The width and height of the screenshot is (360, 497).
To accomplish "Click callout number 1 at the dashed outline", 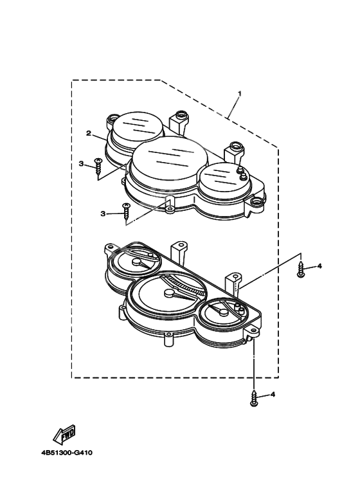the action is click(240, 94).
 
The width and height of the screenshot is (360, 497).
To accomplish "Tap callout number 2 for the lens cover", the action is click(89, 133).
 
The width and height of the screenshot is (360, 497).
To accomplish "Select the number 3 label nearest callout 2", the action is click(82, 164).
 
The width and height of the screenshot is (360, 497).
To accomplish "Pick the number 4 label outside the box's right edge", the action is click(319, 266).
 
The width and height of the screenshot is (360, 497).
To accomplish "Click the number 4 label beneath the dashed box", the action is click(273, 395).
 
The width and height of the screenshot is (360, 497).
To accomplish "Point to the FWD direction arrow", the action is click(64, 433).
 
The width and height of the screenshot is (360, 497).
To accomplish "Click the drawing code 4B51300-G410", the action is click(67, 453).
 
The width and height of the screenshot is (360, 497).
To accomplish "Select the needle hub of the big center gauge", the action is click(169, 293).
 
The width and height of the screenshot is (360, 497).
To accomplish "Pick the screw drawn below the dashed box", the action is click(253, 398).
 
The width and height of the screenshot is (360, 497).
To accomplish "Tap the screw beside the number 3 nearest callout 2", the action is click(98, 167).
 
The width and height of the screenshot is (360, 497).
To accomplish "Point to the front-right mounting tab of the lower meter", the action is click(253, 333).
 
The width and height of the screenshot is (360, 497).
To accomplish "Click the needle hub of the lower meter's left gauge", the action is click(136, 262).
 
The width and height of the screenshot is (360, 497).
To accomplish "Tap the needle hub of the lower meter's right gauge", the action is click(224, 312).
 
